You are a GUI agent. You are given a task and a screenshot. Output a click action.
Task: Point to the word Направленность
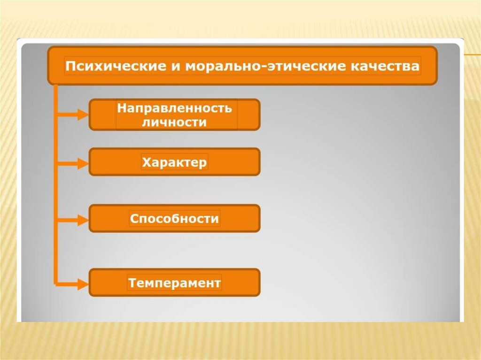click(175, 108)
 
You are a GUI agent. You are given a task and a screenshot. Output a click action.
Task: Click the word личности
click(175, 123)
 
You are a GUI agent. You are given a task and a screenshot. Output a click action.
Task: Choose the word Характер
click(174, 163)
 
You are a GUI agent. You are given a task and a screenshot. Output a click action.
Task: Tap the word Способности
click(174, 219)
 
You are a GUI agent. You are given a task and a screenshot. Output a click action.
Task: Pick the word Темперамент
click(174, 283)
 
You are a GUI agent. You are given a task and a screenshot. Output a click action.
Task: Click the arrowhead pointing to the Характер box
click(83, 164)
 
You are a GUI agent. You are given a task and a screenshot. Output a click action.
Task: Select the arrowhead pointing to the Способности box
click(83, 219)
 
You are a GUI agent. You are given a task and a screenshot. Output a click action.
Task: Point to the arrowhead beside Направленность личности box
click(83, 114)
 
